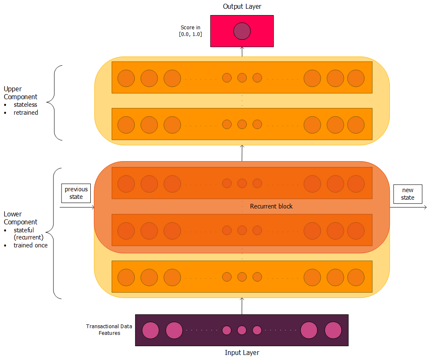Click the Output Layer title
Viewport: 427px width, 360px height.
point(242,6)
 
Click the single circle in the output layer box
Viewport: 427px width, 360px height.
point(242,31)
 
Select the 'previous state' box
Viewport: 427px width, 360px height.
point(76,193)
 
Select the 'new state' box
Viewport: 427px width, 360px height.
point(407,194)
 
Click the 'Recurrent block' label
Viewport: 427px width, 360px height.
point(271,206)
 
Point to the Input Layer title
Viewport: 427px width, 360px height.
point(242,352)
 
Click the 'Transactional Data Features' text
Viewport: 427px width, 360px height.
point(109,329)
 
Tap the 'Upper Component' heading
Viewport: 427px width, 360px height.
point(20,93)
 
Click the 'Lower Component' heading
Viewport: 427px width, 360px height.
point(20,218)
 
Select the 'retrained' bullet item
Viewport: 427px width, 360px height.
point(26,113)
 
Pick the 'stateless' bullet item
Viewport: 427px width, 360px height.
point(25,105)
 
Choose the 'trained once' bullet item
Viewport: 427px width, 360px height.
point(30,245)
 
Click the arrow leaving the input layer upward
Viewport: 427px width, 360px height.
point(242,306)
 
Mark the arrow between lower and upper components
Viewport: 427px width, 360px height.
point(242,153)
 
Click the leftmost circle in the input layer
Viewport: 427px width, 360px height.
point(151,330)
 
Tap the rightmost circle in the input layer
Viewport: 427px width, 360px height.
point(333,330)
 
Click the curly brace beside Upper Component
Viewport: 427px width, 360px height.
point(54,103)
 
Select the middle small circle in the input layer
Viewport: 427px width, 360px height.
point(242,330)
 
